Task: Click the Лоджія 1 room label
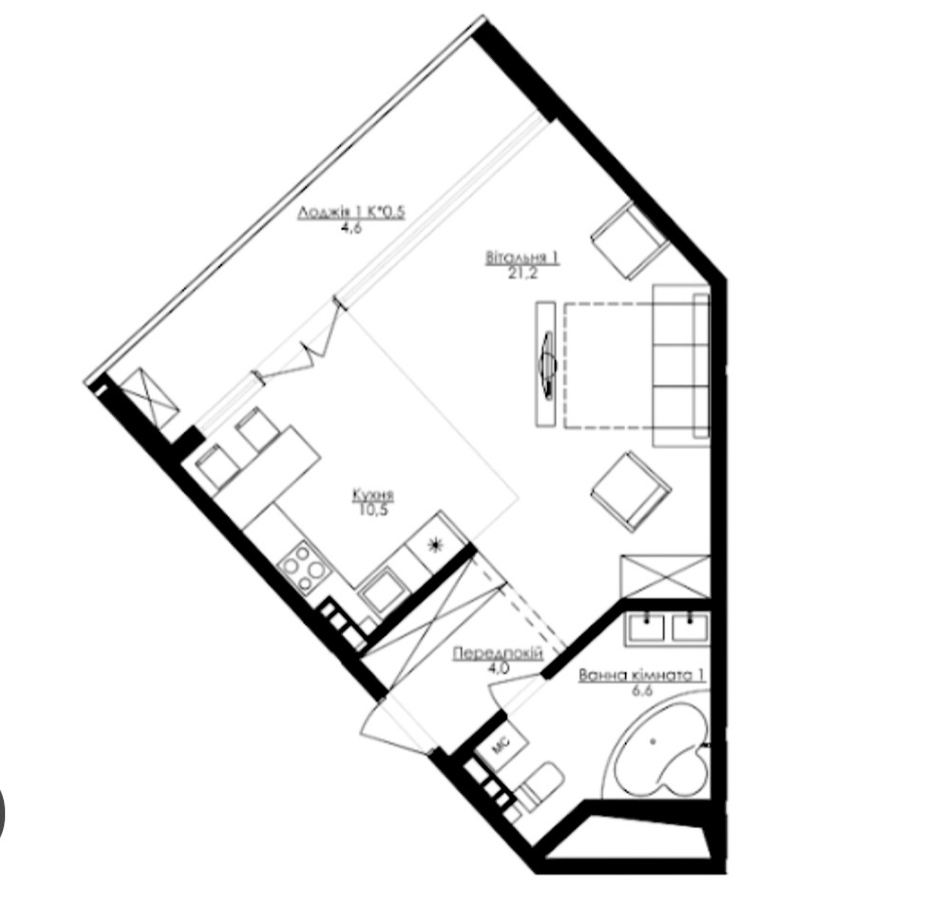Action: pyautogui.click(x=351, y=212)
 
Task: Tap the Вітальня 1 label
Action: pyautogui.click(x=522, y=258)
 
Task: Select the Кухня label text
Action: pyautogui.click(x=373, y=496)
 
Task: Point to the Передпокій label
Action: pyautogui.click(x=498, y=653)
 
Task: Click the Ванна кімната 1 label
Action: pyautogui.click(x=642, y=675)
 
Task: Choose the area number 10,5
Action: pyautogui.click(x=373, y=509)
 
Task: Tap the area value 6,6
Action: pyautogui.click(x=642, y=689)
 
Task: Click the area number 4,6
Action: pyautogui.click(x=351, y=227)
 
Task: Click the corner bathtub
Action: pyautogui.click(x=660, y=749)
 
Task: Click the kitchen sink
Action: pyautogui.click(x=384, y=591)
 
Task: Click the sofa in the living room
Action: pyautogui.click(x=681, y=365)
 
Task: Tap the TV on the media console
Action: pyautogui.click(x=548, y=365)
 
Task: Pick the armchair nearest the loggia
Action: pyautogui.click(x=630, y=240)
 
